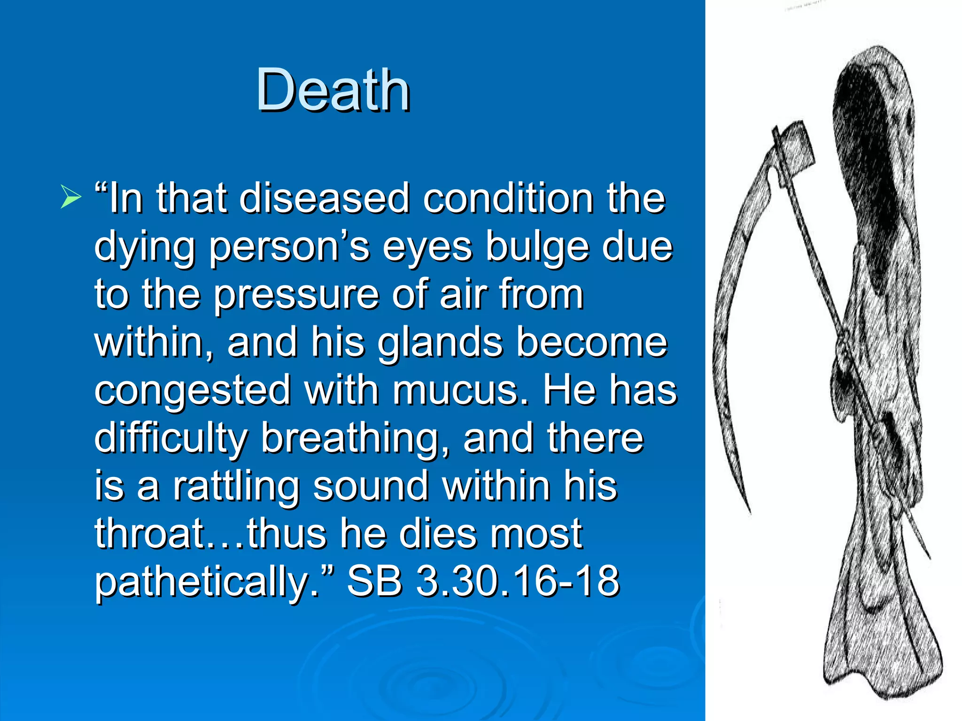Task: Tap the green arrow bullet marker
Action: [x=70, y=196]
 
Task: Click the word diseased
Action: [x=325, y=199]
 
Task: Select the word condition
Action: [x=507, y=199]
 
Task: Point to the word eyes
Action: [x=427, y=248]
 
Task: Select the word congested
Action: [x=193, y=391]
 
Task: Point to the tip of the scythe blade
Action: [x=749, y=512]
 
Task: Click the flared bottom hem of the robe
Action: [x=883, y=667]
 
